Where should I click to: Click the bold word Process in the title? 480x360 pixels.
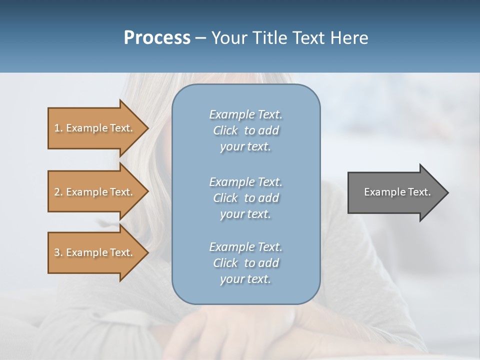point(157,38)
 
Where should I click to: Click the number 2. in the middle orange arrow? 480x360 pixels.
point(58,192)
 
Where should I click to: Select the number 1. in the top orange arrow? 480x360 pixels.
point(58,128)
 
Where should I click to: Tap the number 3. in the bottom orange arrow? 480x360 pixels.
point(58,252)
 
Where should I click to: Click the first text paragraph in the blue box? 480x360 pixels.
point(245,130)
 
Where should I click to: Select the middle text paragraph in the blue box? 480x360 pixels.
point(245,198)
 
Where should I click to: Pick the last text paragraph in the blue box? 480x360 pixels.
point(245,263)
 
